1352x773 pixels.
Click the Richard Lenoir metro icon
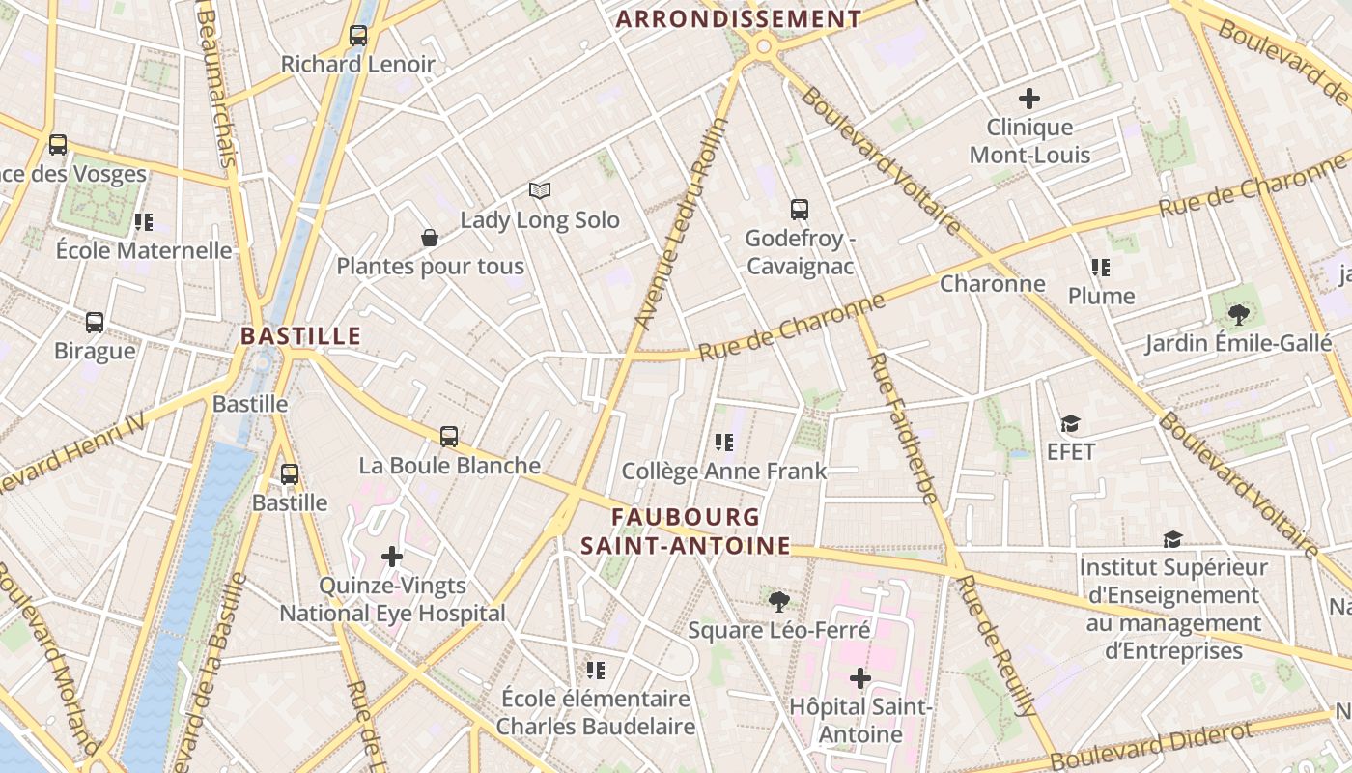[358, 36]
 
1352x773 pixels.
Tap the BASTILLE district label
[300, 336]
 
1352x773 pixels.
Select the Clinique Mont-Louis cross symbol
[1029, 98]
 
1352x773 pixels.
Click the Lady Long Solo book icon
[539, 191]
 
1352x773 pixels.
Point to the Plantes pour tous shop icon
[430, 238]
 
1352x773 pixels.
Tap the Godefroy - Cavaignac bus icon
[800, 209]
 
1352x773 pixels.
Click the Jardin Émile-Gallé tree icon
[1238, 314]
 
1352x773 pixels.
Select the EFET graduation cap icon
[1070, 423]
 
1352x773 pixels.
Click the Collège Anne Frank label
[724, 472]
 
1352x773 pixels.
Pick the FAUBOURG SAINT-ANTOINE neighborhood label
[686, 531]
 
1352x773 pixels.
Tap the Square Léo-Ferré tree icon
[778, 602]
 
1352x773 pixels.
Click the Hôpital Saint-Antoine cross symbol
[859, 678]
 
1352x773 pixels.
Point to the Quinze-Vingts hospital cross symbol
[392, 557]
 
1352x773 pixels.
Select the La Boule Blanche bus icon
[449, 436]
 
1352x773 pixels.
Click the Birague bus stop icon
[95, 323]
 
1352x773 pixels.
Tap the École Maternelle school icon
[144, 222]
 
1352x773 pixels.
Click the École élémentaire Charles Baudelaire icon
[596, 670]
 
